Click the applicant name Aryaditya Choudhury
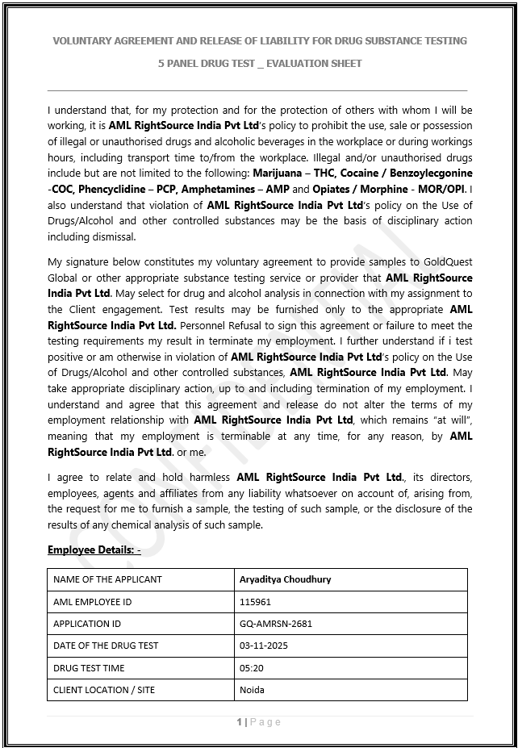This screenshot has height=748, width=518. pos(285,579)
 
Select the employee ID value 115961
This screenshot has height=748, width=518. pos(255,602)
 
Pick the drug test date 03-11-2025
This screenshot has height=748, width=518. pos(263,646)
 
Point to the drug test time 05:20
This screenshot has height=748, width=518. pos(251,668)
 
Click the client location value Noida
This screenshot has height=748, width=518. pos(252,690)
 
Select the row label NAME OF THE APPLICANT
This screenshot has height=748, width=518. pos(107,579)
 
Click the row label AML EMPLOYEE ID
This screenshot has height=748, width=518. pos(92,602)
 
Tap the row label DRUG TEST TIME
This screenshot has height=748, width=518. pos(89,668)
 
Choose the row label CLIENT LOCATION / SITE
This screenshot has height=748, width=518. pos(104,690)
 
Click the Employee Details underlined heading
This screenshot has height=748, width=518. pos(94,550)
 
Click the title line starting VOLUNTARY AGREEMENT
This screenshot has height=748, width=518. pos(259,40)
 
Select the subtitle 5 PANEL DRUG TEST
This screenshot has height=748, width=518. pos(259,63)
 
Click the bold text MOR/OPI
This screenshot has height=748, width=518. pos(442,190)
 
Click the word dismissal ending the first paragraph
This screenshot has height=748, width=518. pos(113,237)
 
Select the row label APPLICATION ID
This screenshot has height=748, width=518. pos(87,624)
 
